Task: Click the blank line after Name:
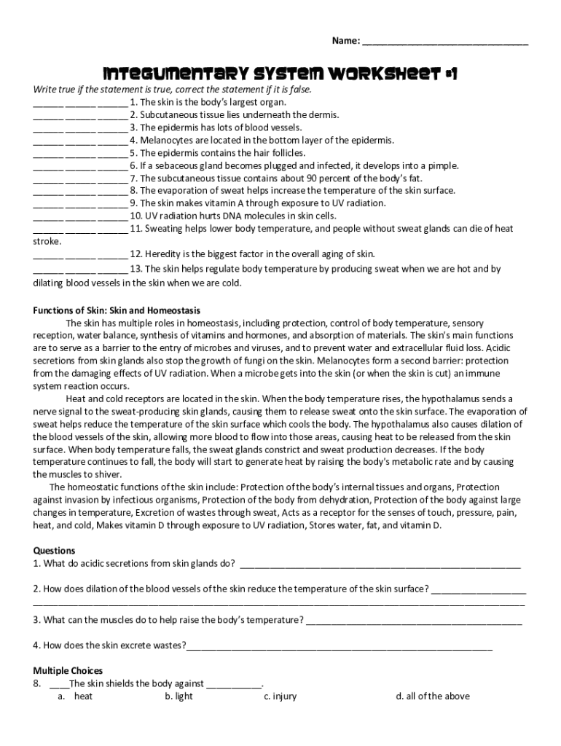[x=445, y=42]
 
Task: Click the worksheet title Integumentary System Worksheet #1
[x=280, y=74]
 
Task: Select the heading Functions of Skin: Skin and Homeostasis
[x=117, y=310]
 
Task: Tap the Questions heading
[x=54, y=551]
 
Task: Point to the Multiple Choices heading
[x=68, y=670]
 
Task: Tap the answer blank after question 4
[x=340, y=646]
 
